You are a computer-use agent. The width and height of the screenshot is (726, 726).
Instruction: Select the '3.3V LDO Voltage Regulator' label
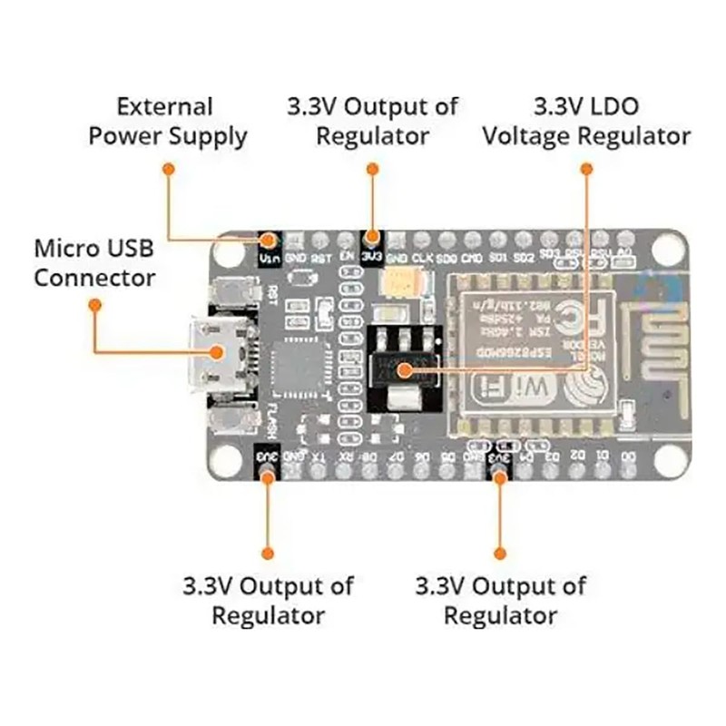586,122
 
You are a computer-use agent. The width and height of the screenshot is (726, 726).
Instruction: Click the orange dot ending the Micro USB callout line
94,305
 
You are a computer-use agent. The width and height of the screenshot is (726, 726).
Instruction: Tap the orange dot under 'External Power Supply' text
167,168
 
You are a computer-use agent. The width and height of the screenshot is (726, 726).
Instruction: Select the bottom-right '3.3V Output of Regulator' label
500,600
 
